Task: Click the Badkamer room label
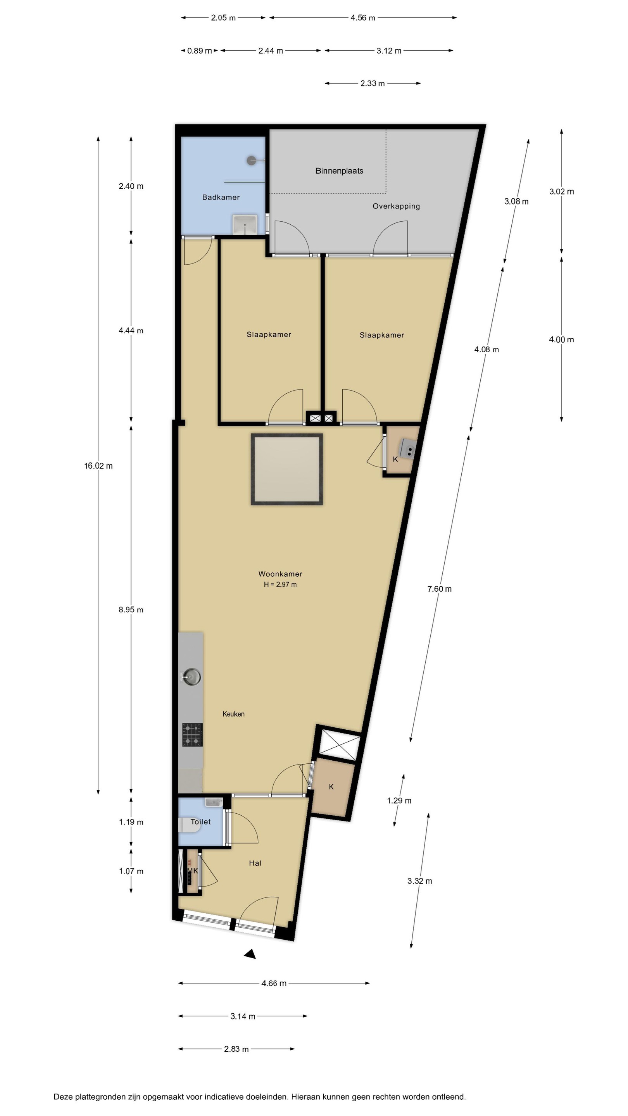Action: (x=221, y=197)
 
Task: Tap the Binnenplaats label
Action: (x=339, y=170)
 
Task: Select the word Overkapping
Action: (x=396, y=206)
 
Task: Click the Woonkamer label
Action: (x=280, y=573)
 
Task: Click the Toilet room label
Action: (x=200, y=821)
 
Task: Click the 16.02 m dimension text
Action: (x=98, y=466)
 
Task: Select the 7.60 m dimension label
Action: (x=440, y=589)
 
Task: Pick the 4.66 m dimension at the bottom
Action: (x=274, y=983)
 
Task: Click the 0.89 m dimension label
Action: (x=199, y=51)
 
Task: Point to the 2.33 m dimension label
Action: (x=372, y=83)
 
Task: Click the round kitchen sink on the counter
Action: (x=191, y=677)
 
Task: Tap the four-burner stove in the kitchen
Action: (x=192, y=735)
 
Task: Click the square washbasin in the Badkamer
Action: (x=245, y=224)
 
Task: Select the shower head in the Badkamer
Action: (x=251, y=160)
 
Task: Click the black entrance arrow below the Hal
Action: (x=250, y=954)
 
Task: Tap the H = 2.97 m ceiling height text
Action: (x=280, y=584)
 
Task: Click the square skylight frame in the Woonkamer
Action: (x=287, y=434)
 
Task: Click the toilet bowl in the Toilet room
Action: (x=190, y=825)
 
